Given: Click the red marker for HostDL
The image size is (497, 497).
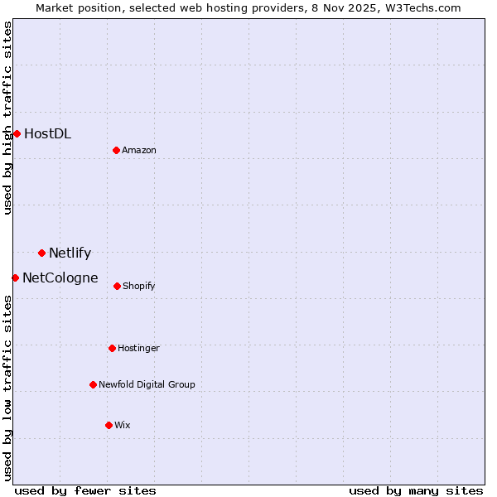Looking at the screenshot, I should point(17,133).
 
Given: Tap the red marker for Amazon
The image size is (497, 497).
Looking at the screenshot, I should point(117,150).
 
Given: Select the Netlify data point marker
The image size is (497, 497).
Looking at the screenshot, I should point(41,253).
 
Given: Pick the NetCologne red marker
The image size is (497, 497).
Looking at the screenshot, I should point(15,277).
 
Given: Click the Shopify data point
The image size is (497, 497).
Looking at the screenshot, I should point(117,286).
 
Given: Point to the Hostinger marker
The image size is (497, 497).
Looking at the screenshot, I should point(112,348).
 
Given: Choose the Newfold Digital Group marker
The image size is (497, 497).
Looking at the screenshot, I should point(93,384).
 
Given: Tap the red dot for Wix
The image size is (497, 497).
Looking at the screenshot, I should point(109,425).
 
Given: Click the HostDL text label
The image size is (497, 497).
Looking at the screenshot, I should point(47,133).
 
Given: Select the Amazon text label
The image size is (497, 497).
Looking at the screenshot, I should point(139,150).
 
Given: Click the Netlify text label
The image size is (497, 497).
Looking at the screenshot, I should point(70,253).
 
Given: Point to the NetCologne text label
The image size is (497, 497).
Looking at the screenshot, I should point(60,277).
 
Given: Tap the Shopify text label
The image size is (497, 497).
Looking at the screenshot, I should point(139,286).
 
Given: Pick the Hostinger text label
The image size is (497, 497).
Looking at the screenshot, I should point(138,348).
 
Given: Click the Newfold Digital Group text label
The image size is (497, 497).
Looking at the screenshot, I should point(147,384).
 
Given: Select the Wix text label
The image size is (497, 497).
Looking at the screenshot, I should point(123,425).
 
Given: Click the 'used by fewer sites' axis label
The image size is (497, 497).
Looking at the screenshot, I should point(85,490).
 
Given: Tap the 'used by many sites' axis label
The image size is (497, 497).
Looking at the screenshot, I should point(416,490).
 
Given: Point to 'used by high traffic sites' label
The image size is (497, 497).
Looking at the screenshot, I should point(7,118).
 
